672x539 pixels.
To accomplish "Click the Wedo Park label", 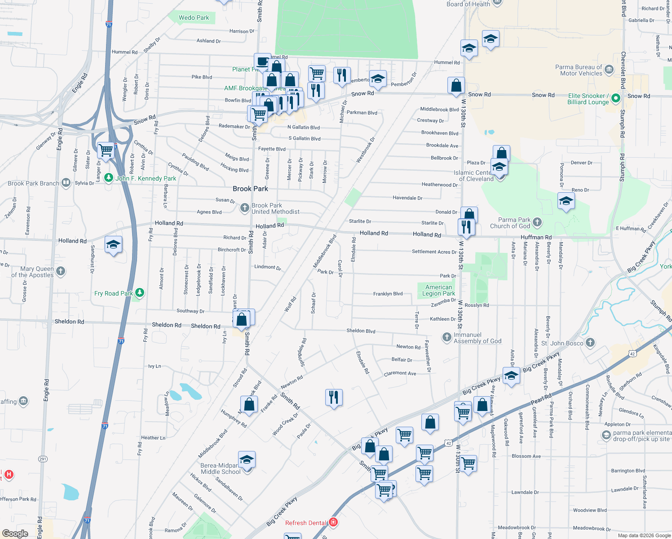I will point(194,18).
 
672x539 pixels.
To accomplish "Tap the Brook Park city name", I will point(250,189).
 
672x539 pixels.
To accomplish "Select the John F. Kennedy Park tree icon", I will point(108,178).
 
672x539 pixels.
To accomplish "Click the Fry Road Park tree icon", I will point(140,293).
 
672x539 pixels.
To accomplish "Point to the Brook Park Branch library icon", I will point(66,182).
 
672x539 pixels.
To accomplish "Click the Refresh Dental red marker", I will point(333,522).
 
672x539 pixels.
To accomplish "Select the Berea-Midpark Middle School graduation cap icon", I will point(247,460).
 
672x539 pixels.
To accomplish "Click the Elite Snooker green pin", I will point(616,98).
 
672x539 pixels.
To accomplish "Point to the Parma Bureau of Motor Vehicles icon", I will point(609,70).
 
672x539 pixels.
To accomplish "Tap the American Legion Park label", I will point(438,290).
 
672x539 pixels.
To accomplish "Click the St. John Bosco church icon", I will point(590,343).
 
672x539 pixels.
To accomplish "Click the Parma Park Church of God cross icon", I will point(537,222).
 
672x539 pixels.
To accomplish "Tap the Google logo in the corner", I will point(15,533).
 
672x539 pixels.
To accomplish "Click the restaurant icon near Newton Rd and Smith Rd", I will point(333,398).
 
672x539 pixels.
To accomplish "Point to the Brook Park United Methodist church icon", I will point(244,208).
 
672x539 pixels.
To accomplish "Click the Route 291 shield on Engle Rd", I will point(43,459).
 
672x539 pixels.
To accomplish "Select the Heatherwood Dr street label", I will point(439,185).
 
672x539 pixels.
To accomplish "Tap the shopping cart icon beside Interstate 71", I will point(106,150).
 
